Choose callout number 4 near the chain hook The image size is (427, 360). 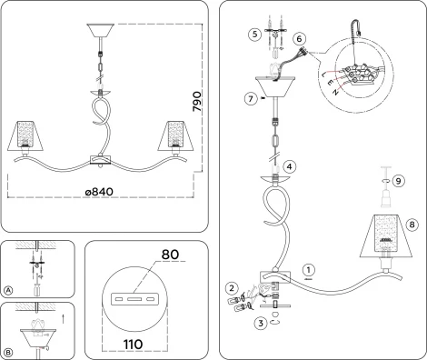(289, 166)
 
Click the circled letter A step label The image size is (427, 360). (8, 290)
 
